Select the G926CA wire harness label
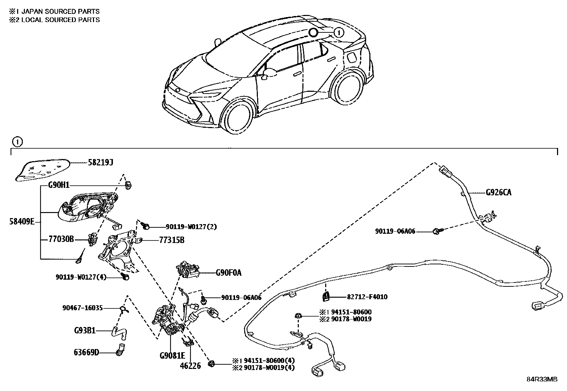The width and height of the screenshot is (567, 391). coord(499,192)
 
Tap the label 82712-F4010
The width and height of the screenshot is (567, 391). coord(367,297)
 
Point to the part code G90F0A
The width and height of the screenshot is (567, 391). coord(228,273)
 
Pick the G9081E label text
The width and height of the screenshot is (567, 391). coord(172,355)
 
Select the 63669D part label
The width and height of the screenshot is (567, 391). coord(87,353)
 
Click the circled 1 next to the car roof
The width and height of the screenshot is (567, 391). coord(339,33)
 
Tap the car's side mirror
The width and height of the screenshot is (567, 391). coord(269,73)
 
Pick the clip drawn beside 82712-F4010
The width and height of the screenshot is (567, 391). coord(326,295)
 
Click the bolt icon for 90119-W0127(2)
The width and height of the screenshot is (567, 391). coord(146,226)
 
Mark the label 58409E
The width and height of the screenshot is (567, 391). coord(22,222)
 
